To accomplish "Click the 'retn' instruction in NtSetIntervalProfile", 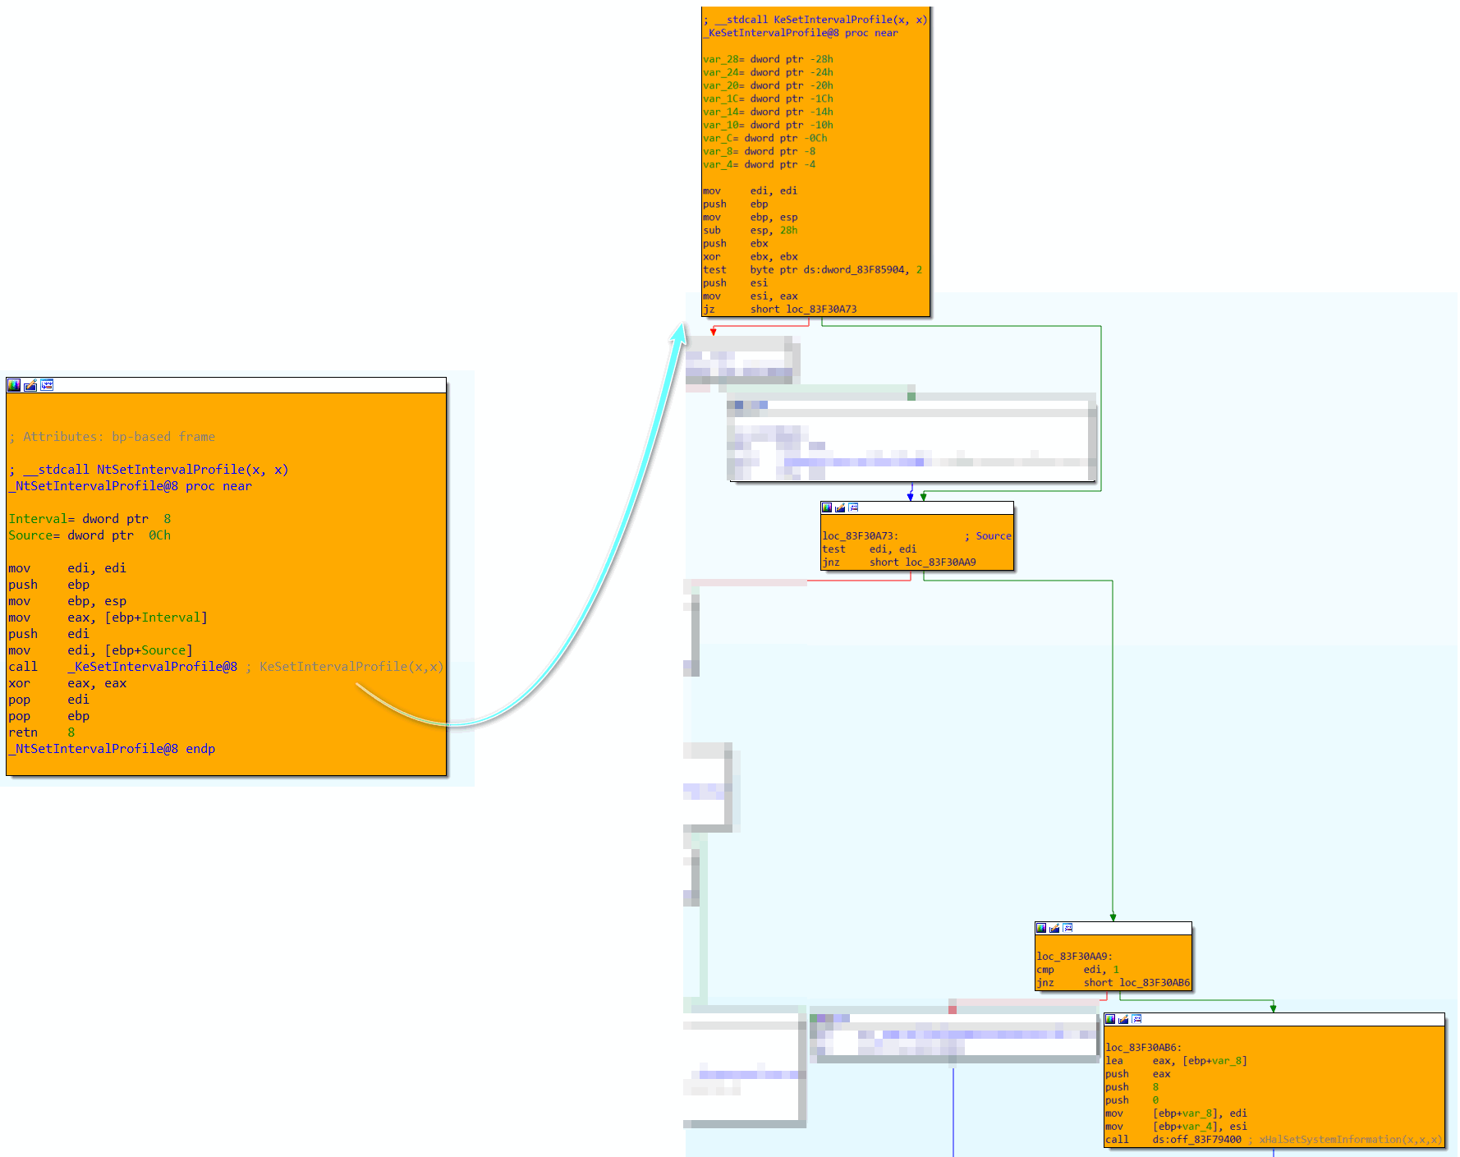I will click(41, 732).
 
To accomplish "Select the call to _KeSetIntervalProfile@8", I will click(123, 667).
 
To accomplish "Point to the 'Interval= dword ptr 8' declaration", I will click(90, 519).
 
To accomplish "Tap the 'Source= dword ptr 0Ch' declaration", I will click(90, 535).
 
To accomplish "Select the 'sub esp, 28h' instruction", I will click(750, 231).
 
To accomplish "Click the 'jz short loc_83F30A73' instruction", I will click(779, 310).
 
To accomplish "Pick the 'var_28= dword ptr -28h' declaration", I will click(768, 59).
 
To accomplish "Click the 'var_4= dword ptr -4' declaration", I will click(759, 164).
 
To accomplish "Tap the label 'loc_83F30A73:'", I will click(860, 536).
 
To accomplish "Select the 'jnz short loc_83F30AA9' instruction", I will click(899, 562).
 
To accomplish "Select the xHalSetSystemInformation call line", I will click(1273, 1140).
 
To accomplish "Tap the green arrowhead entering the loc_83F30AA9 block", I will click(1113, 917).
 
